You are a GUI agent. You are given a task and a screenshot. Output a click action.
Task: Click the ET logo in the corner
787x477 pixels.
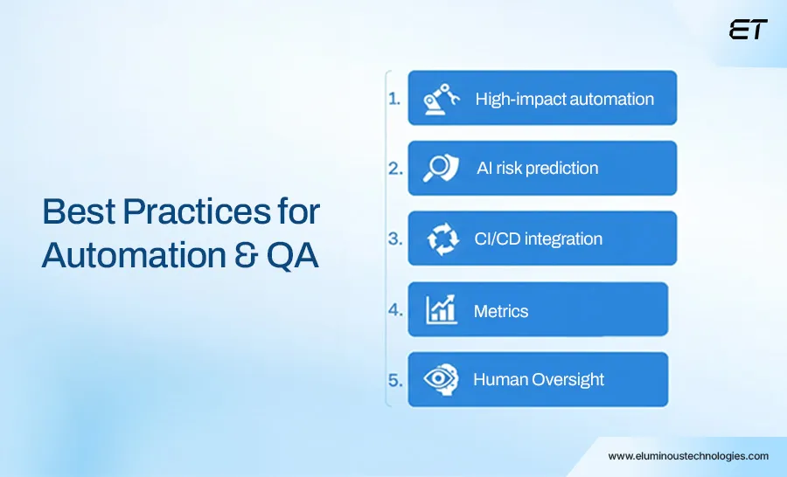748,30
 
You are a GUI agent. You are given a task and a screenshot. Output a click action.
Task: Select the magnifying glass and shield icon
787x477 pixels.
441,168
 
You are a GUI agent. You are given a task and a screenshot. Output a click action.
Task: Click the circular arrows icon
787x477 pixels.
442,239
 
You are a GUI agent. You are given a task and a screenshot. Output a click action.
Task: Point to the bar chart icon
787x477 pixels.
442,309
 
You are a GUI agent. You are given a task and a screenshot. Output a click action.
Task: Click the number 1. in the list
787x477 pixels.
394,99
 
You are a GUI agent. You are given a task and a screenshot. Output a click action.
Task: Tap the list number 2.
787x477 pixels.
395,168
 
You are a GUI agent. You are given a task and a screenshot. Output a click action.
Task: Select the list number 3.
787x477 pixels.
395,238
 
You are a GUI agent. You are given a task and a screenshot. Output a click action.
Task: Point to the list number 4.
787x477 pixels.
395,309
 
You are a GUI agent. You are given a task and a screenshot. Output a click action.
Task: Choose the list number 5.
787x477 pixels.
395,380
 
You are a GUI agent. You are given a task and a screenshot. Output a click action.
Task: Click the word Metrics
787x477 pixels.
501,312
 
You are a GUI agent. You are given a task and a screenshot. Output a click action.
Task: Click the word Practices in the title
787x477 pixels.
197,211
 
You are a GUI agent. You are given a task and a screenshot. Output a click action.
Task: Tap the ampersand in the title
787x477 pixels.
246,255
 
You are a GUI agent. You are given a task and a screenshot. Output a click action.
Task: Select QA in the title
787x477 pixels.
292,256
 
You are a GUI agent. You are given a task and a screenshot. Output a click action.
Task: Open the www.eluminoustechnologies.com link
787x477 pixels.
688,456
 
